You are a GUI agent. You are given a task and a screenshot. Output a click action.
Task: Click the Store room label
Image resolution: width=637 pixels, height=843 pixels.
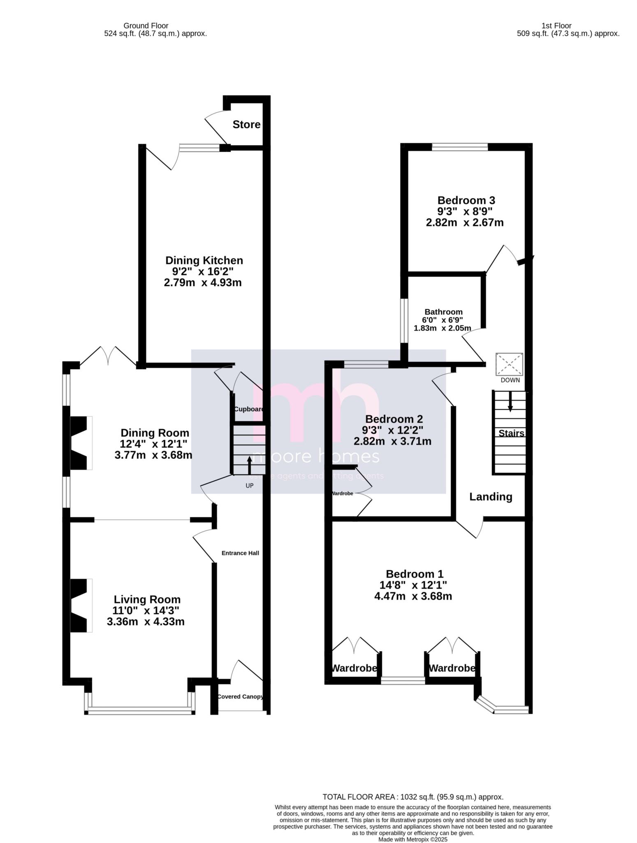(x=246, y=124)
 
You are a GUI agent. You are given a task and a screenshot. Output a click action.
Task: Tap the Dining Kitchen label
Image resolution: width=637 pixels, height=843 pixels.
(x=204, y=261)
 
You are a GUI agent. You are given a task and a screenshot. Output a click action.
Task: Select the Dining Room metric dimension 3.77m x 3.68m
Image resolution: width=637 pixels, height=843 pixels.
(x=153, y=455)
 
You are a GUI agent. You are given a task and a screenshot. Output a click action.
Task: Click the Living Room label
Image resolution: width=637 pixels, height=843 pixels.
(x=147, y=600)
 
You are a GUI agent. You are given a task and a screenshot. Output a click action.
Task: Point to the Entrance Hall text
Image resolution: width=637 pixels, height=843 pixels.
(x=240, y=553)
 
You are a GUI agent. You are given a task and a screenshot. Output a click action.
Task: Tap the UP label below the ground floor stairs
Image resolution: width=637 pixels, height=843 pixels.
(x=249, y=486)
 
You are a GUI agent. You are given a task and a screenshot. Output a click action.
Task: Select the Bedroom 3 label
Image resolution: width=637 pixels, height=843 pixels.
(x=466, y=200)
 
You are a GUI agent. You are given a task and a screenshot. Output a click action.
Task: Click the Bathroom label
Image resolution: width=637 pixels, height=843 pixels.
(x=443, y=312)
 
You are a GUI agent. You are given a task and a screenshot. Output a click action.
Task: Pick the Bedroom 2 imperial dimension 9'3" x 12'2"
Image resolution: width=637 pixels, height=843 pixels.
(x=392, y=430)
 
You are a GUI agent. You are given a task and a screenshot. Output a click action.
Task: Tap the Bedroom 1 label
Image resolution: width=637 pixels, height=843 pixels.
(x=415, y=574)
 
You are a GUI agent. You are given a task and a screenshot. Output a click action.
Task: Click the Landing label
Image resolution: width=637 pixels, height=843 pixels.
(x=491, y=497)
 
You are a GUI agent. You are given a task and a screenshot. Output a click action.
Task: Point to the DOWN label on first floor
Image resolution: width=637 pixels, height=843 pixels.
(x=510, y=380)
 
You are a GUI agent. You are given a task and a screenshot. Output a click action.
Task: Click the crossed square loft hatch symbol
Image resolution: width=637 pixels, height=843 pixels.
(x=509, y=364)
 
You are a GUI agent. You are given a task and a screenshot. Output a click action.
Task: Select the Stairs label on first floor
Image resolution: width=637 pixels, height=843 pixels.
(x=511, y=433)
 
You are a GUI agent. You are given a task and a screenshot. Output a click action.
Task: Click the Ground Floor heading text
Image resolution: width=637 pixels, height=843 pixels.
(x=146, y=26)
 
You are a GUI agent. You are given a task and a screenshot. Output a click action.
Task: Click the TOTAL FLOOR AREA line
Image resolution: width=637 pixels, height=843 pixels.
(x=413, y=797)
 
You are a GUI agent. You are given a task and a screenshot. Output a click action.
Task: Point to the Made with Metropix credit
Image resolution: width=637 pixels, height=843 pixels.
(x=412, y=839)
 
